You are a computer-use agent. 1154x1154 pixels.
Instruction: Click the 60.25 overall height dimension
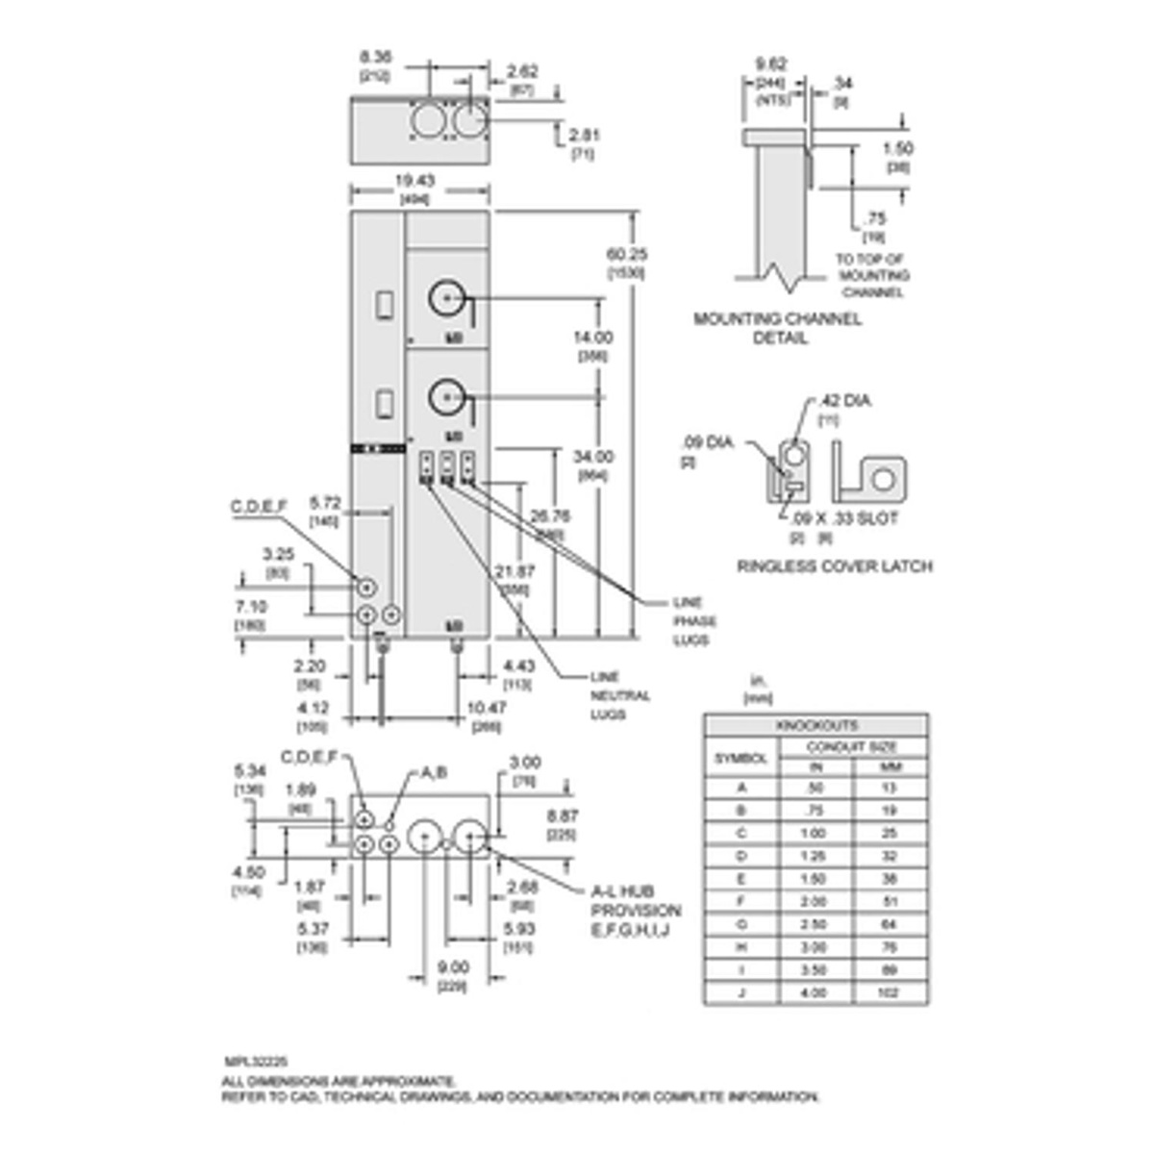tap(625, 255)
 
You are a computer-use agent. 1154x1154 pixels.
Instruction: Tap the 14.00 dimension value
tap(592, 338)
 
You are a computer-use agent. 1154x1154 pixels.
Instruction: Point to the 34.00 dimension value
tap(592, 457)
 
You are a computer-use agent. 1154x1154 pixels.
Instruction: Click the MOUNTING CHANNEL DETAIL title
tap(778, 328)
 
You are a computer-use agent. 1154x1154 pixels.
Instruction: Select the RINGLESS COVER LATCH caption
tap(835, 566)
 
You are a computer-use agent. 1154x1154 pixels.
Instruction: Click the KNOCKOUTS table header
tap(815, 726)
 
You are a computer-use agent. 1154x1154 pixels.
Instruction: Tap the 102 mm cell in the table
tap(889, 992)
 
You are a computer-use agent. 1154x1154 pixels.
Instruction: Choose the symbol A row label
tap(740, 788)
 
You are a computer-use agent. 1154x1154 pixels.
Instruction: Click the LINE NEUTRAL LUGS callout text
tap(620, 695)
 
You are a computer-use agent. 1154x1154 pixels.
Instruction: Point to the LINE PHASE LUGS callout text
tap(694, 621)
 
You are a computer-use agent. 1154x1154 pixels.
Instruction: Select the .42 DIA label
tap(844, 400)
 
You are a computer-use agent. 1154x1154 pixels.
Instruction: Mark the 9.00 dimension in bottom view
tap(453, 967)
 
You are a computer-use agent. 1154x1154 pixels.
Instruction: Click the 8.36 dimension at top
tap(375, 58)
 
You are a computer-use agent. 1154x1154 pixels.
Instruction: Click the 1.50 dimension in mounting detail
tap(897, 148)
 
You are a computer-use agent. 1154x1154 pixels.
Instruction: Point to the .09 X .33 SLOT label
tap(838, 518)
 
